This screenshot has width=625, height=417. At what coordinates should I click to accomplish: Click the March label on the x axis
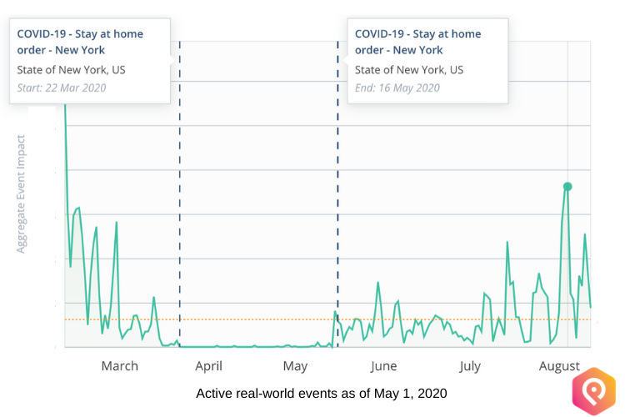(x=119, y=366)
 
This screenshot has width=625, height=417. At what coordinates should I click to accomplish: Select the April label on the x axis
(x=208, y=366)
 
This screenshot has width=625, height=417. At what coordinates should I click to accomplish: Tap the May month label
(x=295, y=366)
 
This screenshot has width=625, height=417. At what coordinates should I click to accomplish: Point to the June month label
(x=383, y=366)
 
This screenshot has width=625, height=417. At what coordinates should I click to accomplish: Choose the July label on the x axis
(x=470, y=366)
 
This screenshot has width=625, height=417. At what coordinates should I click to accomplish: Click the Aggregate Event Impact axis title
(x=22, y=193)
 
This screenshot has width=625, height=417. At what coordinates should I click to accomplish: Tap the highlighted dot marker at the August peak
(x=567, y=186)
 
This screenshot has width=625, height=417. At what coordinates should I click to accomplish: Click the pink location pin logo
(x=592, y=390)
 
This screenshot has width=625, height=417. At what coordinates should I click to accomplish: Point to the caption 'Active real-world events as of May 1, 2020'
(x=322, y=393)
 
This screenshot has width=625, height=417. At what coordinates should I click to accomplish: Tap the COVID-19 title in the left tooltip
(x=80, y=42)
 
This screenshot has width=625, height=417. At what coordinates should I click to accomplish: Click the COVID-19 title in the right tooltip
(x=417, y=42)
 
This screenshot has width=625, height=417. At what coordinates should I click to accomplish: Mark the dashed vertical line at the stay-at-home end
(x=337, y=208)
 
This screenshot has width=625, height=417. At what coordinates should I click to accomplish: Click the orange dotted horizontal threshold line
(x=250, y=319)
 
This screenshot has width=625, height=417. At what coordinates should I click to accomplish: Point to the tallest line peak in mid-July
(x=507, y=243)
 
